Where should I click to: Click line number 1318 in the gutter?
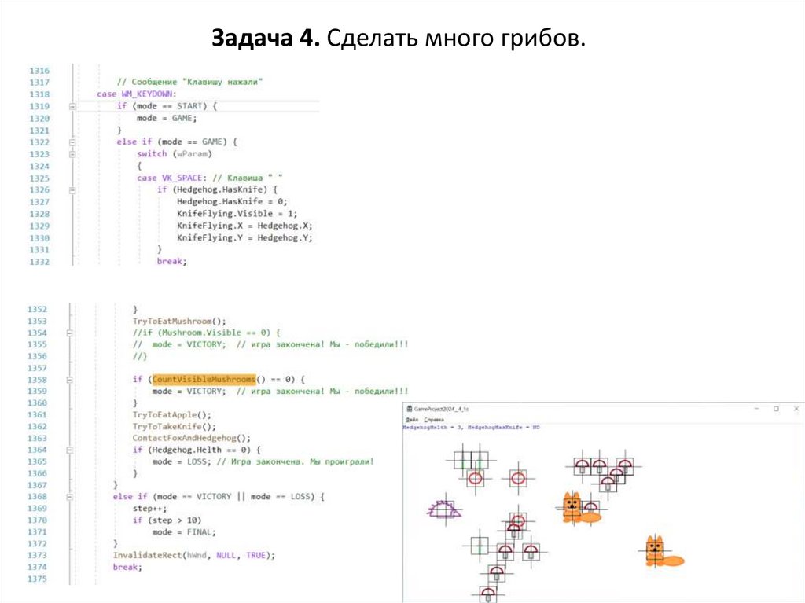[x=39, y=94]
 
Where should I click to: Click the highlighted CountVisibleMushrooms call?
[x=204, y=379]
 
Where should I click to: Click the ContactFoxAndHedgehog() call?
[x=191, y=438]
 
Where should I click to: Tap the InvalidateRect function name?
[x=147, y=555]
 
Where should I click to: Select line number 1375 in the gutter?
[x=39, y=579]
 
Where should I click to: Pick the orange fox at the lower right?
[x=661, y=553]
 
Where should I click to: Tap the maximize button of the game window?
[x=776, y=409]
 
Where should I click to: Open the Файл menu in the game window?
[x=410, y=420]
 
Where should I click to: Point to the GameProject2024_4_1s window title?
[x=441, y=410]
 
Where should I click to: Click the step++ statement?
[x=149, y=508]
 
